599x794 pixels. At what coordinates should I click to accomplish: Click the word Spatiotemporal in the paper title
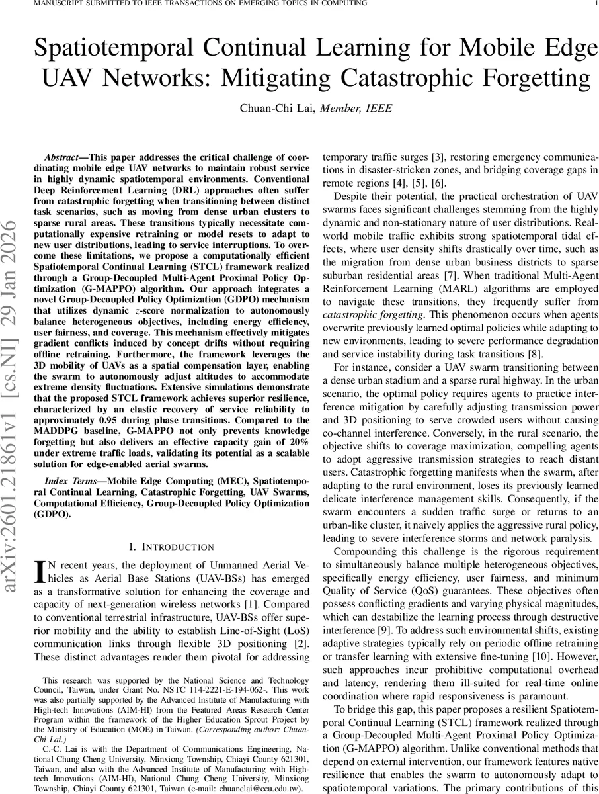pos(127,49)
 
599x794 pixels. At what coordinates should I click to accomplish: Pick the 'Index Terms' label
pos(66,480)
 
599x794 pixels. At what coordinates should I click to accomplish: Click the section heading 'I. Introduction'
pos(172,547)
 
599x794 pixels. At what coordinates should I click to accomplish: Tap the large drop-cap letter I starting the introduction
pos(39,570)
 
